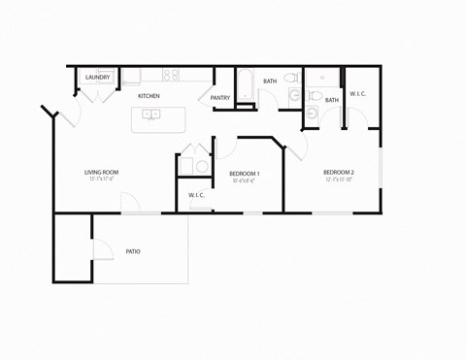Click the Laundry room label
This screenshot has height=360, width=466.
[x=97, y=78]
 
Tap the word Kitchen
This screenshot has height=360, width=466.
[x=149, y=96]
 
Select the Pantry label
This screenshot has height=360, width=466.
[x=220, y=97]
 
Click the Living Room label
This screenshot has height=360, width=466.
[x=101, y=173]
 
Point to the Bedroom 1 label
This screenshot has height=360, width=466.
[x=244, y=173]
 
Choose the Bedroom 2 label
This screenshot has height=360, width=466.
[x=338, y=173]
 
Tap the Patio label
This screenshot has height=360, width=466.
[x=133, y=251]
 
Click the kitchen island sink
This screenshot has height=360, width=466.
[x=151, y=115]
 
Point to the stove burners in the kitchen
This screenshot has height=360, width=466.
[x=171, y=75]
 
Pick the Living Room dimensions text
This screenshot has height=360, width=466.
[x=101, y=180]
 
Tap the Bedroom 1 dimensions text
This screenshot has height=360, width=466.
[x=244, y=180]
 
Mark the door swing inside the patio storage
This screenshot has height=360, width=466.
[x=101, y=248]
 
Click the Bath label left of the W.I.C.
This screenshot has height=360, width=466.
[x=332, y=100]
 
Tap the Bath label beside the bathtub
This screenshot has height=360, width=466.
[x=270, y=81]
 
